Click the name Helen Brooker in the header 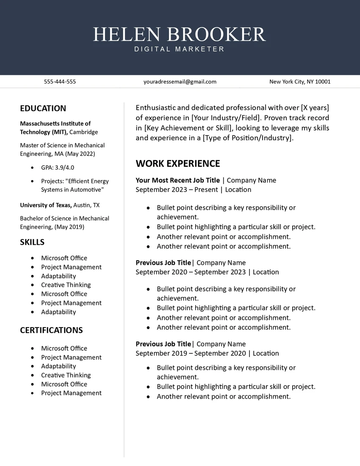pos(180,34)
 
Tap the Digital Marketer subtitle pos(180,49)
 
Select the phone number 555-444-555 pos(60,82)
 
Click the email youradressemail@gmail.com pos(180,82)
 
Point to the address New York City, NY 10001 pos(300,82)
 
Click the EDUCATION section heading pos(43,108)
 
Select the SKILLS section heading pos(32,242)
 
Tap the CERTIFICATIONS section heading pos(51,330)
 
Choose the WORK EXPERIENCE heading pos(178,164)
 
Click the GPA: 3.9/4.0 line pos(58,168)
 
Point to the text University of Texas pos(46,205)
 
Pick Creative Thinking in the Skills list pos(66,285)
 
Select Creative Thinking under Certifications pos(66,375)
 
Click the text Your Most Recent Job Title pos(178,180)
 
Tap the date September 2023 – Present pos(177,190)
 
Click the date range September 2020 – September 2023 pos(191,272)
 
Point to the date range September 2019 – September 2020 pos(191,353)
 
